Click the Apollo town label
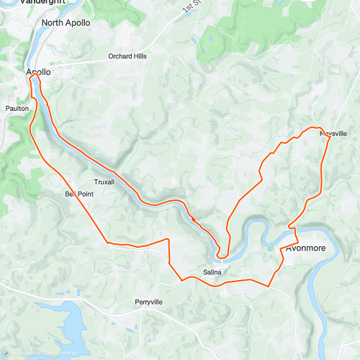pyautogui.click(x=38, y=73)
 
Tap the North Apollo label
pyautogui.click(x=66, y=23)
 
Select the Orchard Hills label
pyautogui.click(x=127, y=56)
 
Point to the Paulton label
pyautogui.click(x=17, y=109)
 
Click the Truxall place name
pyautogui.click(x=104, y=182)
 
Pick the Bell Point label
pyautogui.click(x=79, y=194)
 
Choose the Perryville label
pyautogui.click(x=149, y=302)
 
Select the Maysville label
pyautogui.click(x=333, y=135)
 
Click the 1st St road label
pyautogui.click(x=191, y=8)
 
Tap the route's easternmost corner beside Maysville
pyautogui.click(x=330, y=137)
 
